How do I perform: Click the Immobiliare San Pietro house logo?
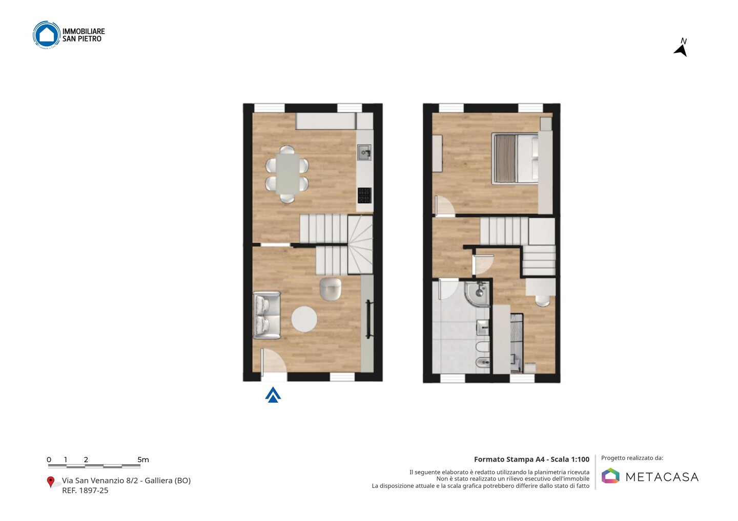[47, 35]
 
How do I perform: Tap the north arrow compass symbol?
[681, 48]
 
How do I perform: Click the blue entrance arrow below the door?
[273, 395]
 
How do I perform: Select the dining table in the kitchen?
[288, 173]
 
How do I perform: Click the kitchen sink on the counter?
[364, 153]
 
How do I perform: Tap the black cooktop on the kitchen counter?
[365, 196]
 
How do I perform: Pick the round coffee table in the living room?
[304, 319]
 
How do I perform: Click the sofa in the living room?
[266, 315]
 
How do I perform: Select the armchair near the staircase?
[331, 289]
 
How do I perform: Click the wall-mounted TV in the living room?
[368, 319]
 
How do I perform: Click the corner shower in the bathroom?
[478, 293]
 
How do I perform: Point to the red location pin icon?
[50, 482]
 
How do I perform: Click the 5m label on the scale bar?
[143, 460]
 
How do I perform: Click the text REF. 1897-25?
[85, 490]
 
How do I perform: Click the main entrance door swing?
[274, 361]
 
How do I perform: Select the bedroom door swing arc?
[445, 207]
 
